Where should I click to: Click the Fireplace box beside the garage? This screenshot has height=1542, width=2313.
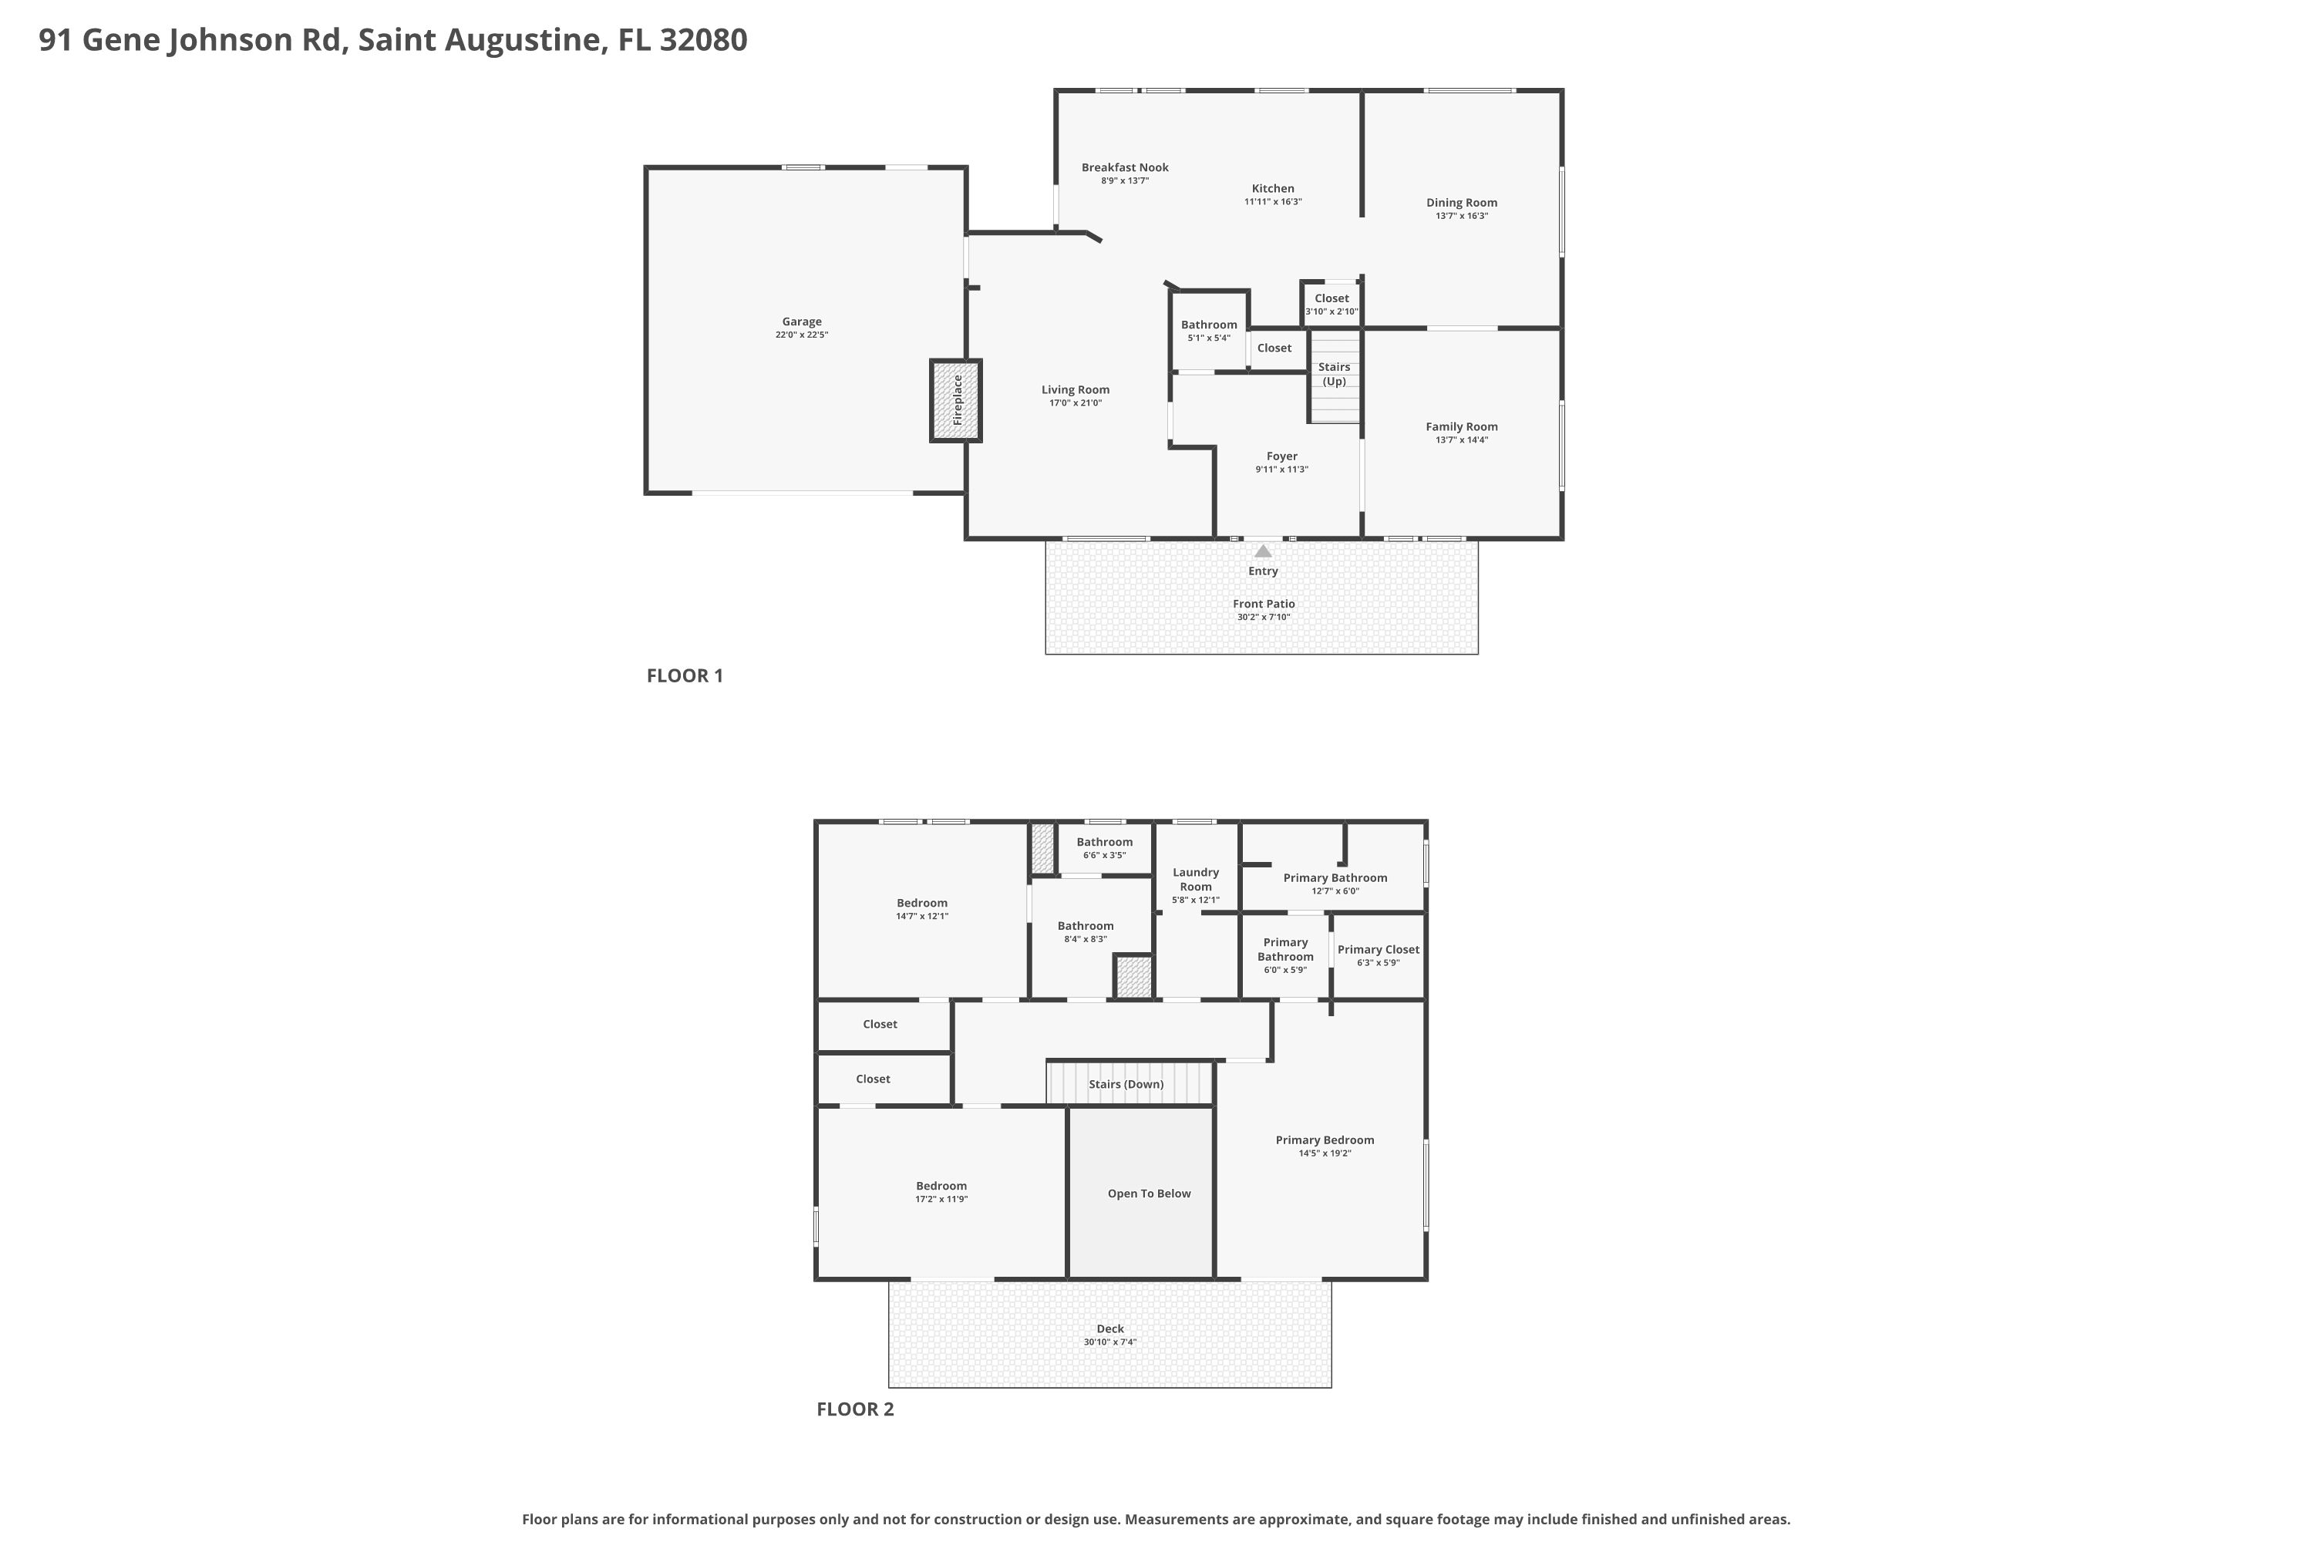tap(956, 400)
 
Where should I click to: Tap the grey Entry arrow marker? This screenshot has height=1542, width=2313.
tap(1263, 550)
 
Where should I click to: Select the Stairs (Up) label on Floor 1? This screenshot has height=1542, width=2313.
tap(1335, 374)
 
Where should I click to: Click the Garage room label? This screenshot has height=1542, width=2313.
tap(802, 322)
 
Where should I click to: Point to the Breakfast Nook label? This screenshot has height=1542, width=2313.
tap(1125, 167)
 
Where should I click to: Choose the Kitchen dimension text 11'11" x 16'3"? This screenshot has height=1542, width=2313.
tap(1273, 201)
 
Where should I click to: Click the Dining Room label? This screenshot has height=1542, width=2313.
tap(1461, 203)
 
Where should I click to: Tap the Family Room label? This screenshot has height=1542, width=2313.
tap(1461, 427)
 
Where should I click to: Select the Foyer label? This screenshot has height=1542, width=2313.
tap(1281, 456)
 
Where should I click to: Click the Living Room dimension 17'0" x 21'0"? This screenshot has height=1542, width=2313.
tap(1076, 403)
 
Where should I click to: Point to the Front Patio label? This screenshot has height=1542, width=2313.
tap(1264, 604)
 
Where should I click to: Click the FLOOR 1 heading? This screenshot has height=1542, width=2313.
tap(685, 675)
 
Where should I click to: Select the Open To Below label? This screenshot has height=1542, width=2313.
tap(1149, 1194)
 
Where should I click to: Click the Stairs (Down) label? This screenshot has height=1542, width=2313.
tap(1126, 1085)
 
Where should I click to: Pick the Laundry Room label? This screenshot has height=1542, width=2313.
tap(1196, 879)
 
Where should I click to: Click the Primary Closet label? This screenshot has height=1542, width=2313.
tap(1378, 950)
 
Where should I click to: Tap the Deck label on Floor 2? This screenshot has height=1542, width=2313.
tap(1110, 1328)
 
